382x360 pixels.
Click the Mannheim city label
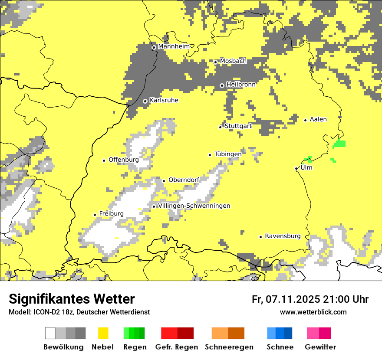[174, 46]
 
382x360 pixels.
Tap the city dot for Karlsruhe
[145, 101]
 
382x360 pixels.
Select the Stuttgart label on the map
[238, 126]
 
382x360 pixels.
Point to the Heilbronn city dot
[222, 85]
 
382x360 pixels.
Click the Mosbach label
[233, 61]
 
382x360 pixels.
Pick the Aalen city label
[318, 119]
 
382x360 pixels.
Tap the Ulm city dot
[296, 168]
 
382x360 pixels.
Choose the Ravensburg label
[283, 236]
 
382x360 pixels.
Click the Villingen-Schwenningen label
[194, 206]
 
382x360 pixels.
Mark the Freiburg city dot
[95, 215]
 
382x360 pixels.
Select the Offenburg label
[124, 160]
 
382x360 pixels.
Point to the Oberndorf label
[184, 180]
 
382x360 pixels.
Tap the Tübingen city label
[228, 154]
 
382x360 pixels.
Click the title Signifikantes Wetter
[72, 299]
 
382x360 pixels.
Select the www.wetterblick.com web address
[313, 312]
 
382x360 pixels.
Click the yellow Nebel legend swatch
[103, 333]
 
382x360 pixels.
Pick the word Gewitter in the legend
[320, 347]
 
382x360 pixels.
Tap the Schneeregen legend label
[229, 347]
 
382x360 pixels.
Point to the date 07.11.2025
[293, 299]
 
